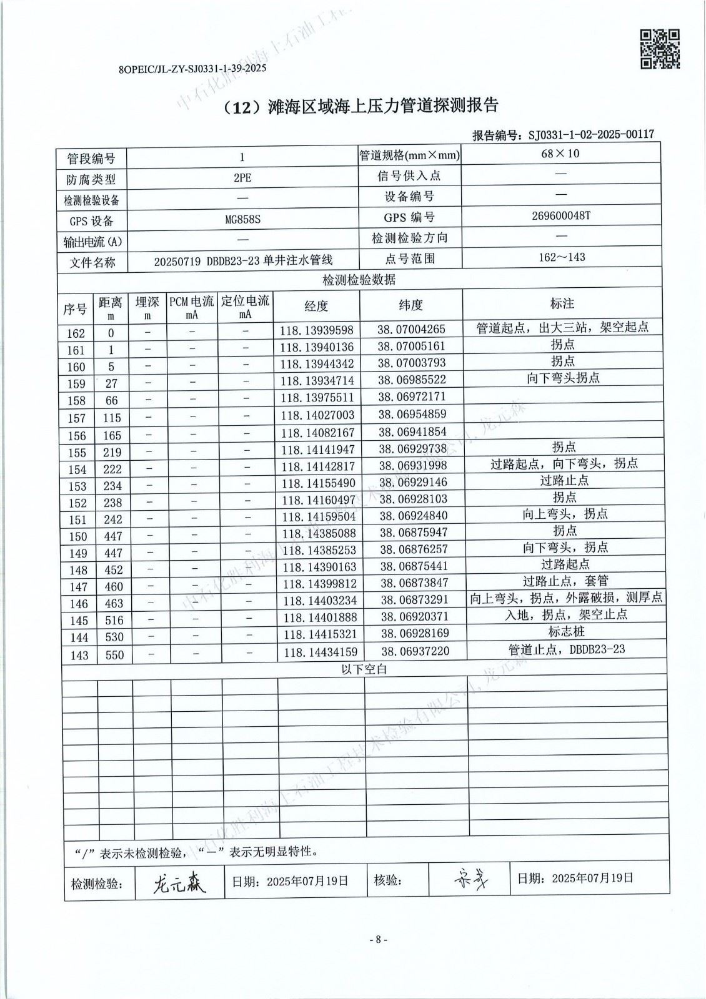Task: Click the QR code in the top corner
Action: (660, 49)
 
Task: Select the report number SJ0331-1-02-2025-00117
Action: (590, 134)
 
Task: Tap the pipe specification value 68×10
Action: (560, 154)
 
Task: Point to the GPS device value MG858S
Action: (242, 220)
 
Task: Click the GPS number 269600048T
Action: (560, 215)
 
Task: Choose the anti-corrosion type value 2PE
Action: (242, 178)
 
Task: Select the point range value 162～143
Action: (561, 257)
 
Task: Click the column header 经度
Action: (316, 306)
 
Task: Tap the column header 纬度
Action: (410, 305)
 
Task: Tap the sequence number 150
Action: (77, 536)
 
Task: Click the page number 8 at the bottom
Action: (378, 939)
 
